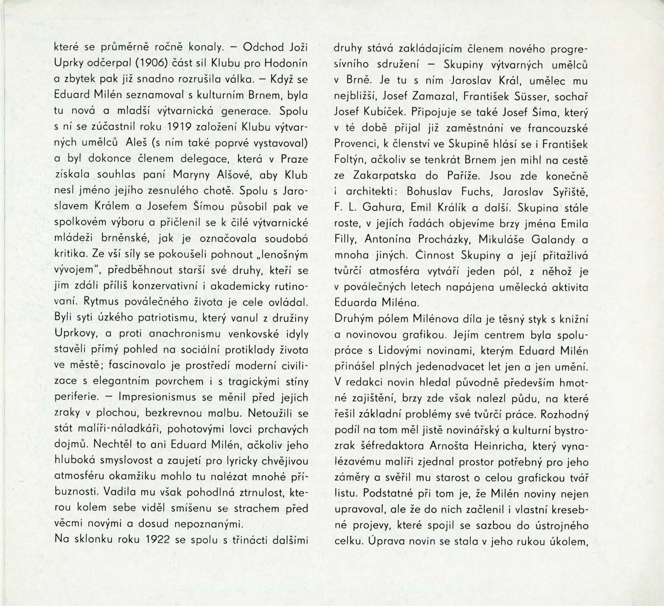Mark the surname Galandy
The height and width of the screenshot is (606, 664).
(550, 239)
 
